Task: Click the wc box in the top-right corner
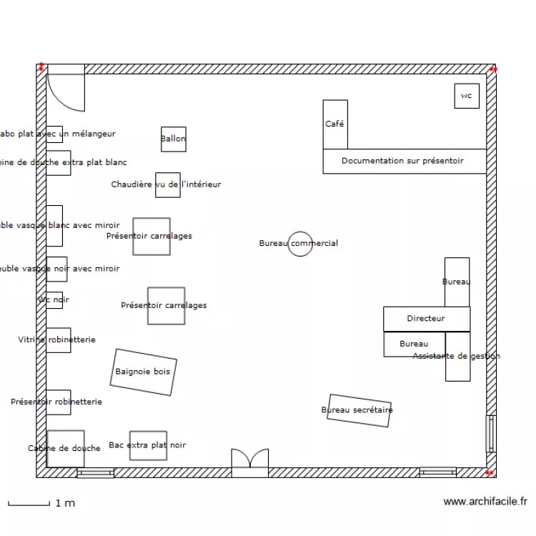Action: tap(467, 96)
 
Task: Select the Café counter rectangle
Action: tap(335, 124)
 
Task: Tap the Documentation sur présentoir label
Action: tap(402, 161)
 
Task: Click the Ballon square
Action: tap(173, 139)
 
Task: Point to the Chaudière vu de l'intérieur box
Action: tap(167, 184)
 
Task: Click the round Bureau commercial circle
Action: tap(299, 243)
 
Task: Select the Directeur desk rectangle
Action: tap(427, 319)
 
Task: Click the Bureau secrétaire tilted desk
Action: tap(359, 410)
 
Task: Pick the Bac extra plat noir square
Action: tap(148, 445)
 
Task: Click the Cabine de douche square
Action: tap(66, 448)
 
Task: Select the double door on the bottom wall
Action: tap(250, 462)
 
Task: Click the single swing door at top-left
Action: tap(66, 89)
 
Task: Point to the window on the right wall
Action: tap(490, 433)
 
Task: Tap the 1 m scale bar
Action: tap(29, 504)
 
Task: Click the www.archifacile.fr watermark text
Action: tap(485, 502)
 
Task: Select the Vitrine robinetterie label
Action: tap(56, 340)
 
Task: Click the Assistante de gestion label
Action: tap(457, 356)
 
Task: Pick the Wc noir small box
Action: tap(54, 300)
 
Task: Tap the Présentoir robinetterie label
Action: tap(56, 402)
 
